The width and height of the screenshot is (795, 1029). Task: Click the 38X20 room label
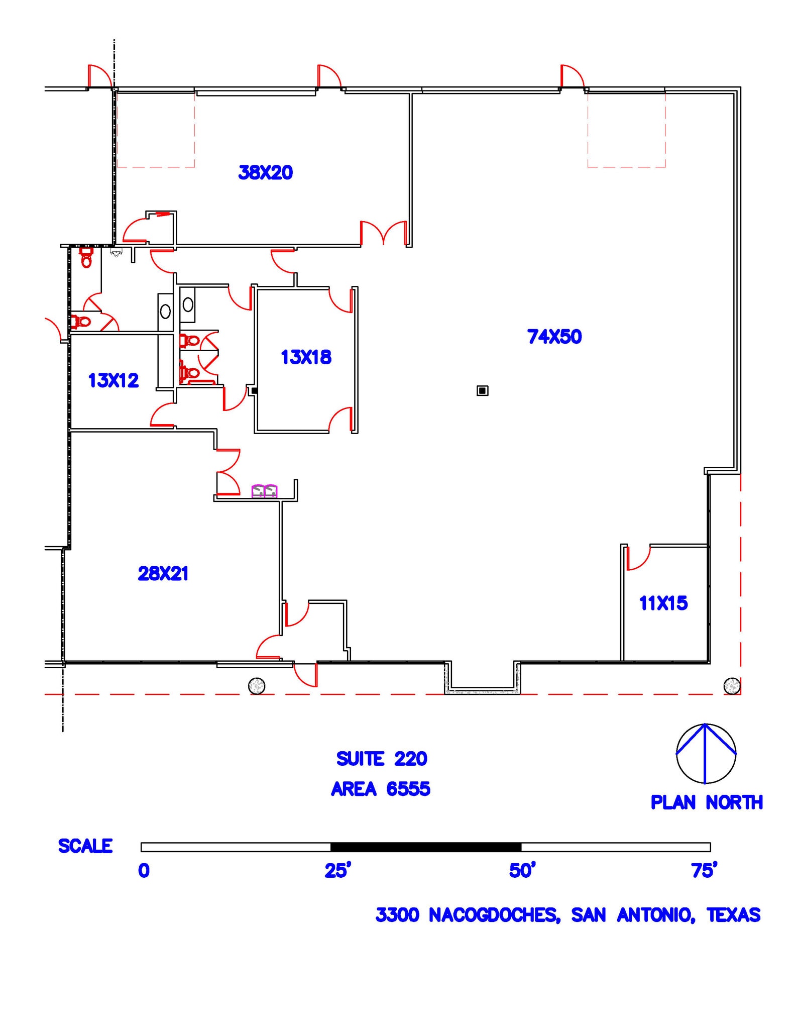265,173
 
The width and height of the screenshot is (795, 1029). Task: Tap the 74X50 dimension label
554,337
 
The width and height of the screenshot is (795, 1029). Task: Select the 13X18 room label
306,357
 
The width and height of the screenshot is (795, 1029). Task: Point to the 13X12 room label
113,380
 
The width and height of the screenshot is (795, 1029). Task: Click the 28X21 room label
163,573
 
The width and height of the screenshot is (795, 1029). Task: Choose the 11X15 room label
663,603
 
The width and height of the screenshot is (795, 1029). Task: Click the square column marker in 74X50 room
482,390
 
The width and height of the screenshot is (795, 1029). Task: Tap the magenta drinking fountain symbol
264,491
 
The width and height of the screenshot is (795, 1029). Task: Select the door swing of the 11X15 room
638,559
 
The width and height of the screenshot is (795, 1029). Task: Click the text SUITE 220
382,759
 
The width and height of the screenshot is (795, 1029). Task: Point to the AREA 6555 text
381,789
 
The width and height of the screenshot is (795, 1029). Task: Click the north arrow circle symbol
706,753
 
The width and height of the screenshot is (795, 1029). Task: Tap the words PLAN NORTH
707,802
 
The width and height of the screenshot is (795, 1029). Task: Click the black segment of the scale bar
425,847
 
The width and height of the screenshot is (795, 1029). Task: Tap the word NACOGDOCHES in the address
494,915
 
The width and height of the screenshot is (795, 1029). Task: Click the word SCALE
85,846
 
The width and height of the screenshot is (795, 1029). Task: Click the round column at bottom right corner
732,685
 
